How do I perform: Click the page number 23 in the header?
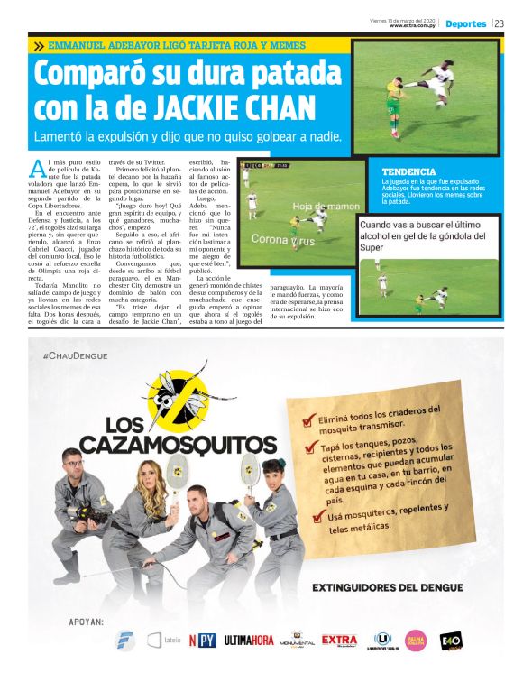(499, 23)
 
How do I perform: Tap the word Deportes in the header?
(465, 23)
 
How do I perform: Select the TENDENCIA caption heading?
(408, 171)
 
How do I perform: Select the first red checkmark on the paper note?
(309, 419)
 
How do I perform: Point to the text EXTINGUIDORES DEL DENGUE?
(388, 587)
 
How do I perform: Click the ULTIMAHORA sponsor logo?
(249, 641)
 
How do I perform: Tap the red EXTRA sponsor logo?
(339, 640)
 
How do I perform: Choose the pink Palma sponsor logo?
(415, 640)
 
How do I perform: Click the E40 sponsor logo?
(450, 640)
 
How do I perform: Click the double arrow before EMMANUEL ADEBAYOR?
(39, 45)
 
